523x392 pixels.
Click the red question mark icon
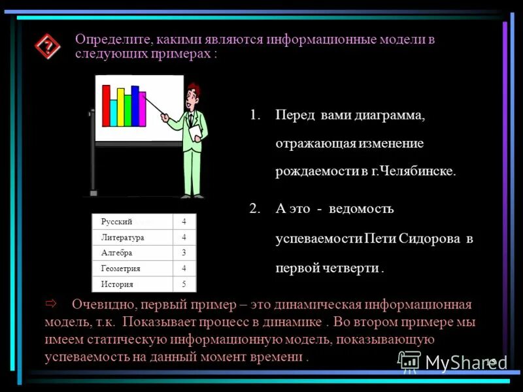point(47,46)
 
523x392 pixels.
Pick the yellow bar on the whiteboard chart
point(113,112)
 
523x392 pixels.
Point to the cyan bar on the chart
point(121,108)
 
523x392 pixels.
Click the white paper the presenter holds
point(195,133)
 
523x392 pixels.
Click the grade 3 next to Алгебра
point(184,253)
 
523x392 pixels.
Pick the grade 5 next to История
point(184,284)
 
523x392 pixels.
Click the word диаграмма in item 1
point(388,116)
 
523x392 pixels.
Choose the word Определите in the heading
point(112,39)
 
